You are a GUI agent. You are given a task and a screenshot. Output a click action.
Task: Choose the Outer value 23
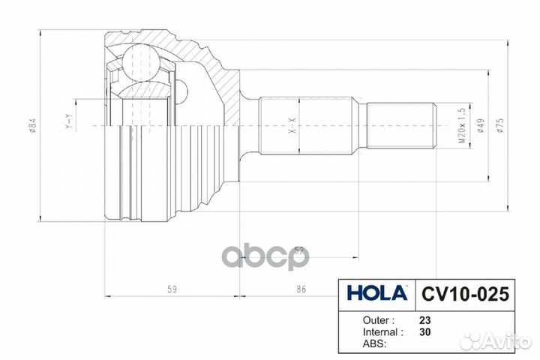coord(424,318)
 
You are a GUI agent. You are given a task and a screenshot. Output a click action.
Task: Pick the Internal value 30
coord(424,331)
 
